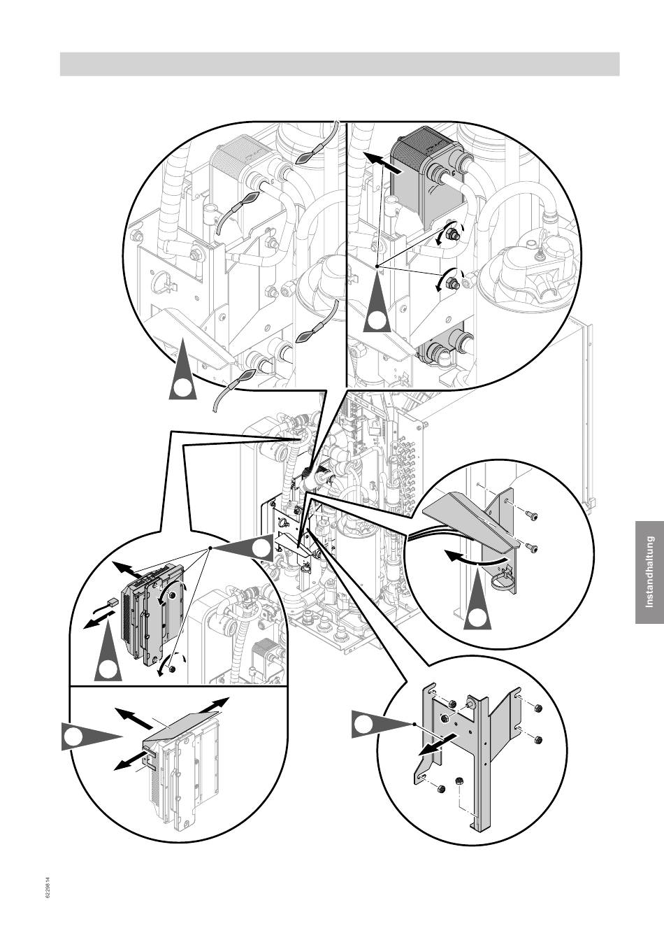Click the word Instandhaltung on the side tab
649,572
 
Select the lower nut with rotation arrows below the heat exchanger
452,281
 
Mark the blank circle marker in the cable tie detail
183,390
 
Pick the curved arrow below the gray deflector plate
474,560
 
